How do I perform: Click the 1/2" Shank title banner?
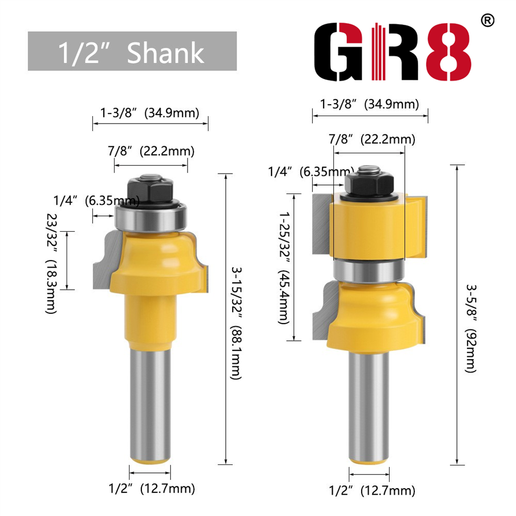point(132,51)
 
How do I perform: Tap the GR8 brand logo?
point(392,52)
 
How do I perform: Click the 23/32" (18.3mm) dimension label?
point(52,261)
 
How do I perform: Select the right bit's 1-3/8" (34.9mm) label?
point(370,104)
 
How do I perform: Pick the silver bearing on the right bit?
point(369,268)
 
